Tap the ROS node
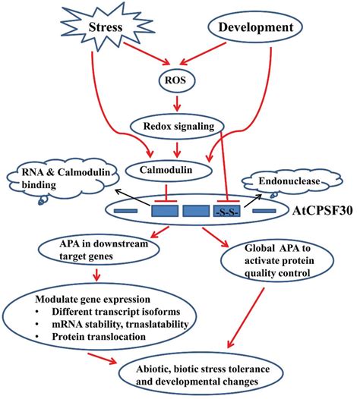(x=181, y=77)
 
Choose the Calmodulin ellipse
(x=180, y=170)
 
